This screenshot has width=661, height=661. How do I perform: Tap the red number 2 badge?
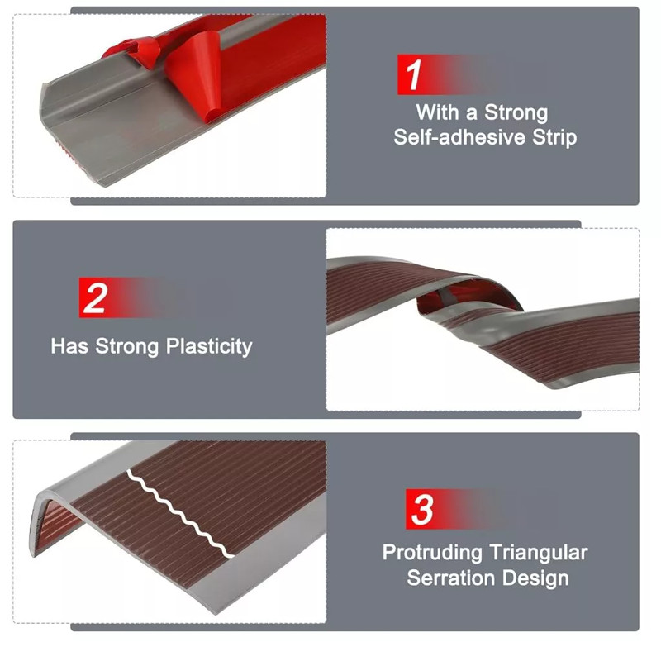point(94,297)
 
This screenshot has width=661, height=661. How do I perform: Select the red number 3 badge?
point(421,509)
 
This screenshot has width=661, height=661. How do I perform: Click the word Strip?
point(554,138)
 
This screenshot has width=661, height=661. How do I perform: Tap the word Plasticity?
point(209,347)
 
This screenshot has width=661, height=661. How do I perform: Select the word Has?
point(69,346)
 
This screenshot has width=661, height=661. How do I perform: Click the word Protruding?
point(432,553)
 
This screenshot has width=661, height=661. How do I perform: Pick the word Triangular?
point(539,553)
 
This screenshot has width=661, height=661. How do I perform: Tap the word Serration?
point(451,578)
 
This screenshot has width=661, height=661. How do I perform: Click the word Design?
point(535,578)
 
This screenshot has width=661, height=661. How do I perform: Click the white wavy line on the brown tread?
point(179,514)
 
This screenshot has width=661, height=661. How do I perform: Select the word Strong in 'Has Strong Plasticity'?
point(127,347)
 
